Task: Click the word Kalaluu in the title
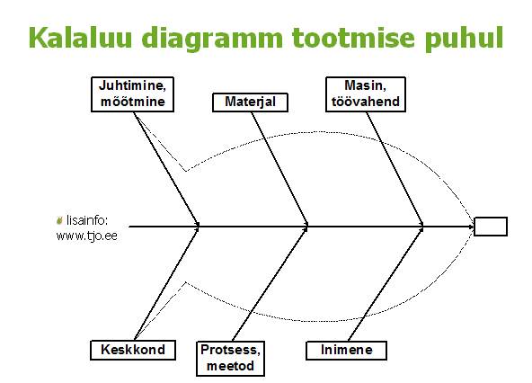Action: click(80, 38)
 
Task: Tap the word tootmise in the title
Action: click(353, 38)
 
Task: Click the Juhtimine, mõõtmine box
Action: click(132, 94)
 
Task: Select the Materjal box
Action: click(250, 102)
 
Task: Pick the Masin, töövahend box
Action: click(366, 94)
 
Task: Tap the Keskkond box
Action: click(133, 350)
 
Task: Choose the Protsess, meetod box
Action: click(230, 358)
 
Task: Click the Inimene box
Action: click(346, 350)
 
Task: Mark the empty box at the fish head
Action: click(491, 227)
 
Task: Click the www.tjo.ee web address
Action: click(87, 236)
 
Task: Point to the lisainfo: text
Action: click(87, 220)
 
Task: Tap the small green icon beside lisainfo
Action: click(59, 220)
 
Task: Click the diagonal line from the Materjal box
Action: click(279, 168)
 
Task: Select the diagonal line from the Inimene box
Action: click(386, 284)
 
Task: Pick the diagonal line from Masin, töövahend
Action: click(395, 168)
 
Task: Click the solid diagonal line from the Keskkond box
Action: click(166, 284)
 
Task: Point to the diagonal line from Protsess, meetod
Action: click(270, 284)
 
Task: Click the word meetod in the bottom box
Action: click(230, 366)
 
